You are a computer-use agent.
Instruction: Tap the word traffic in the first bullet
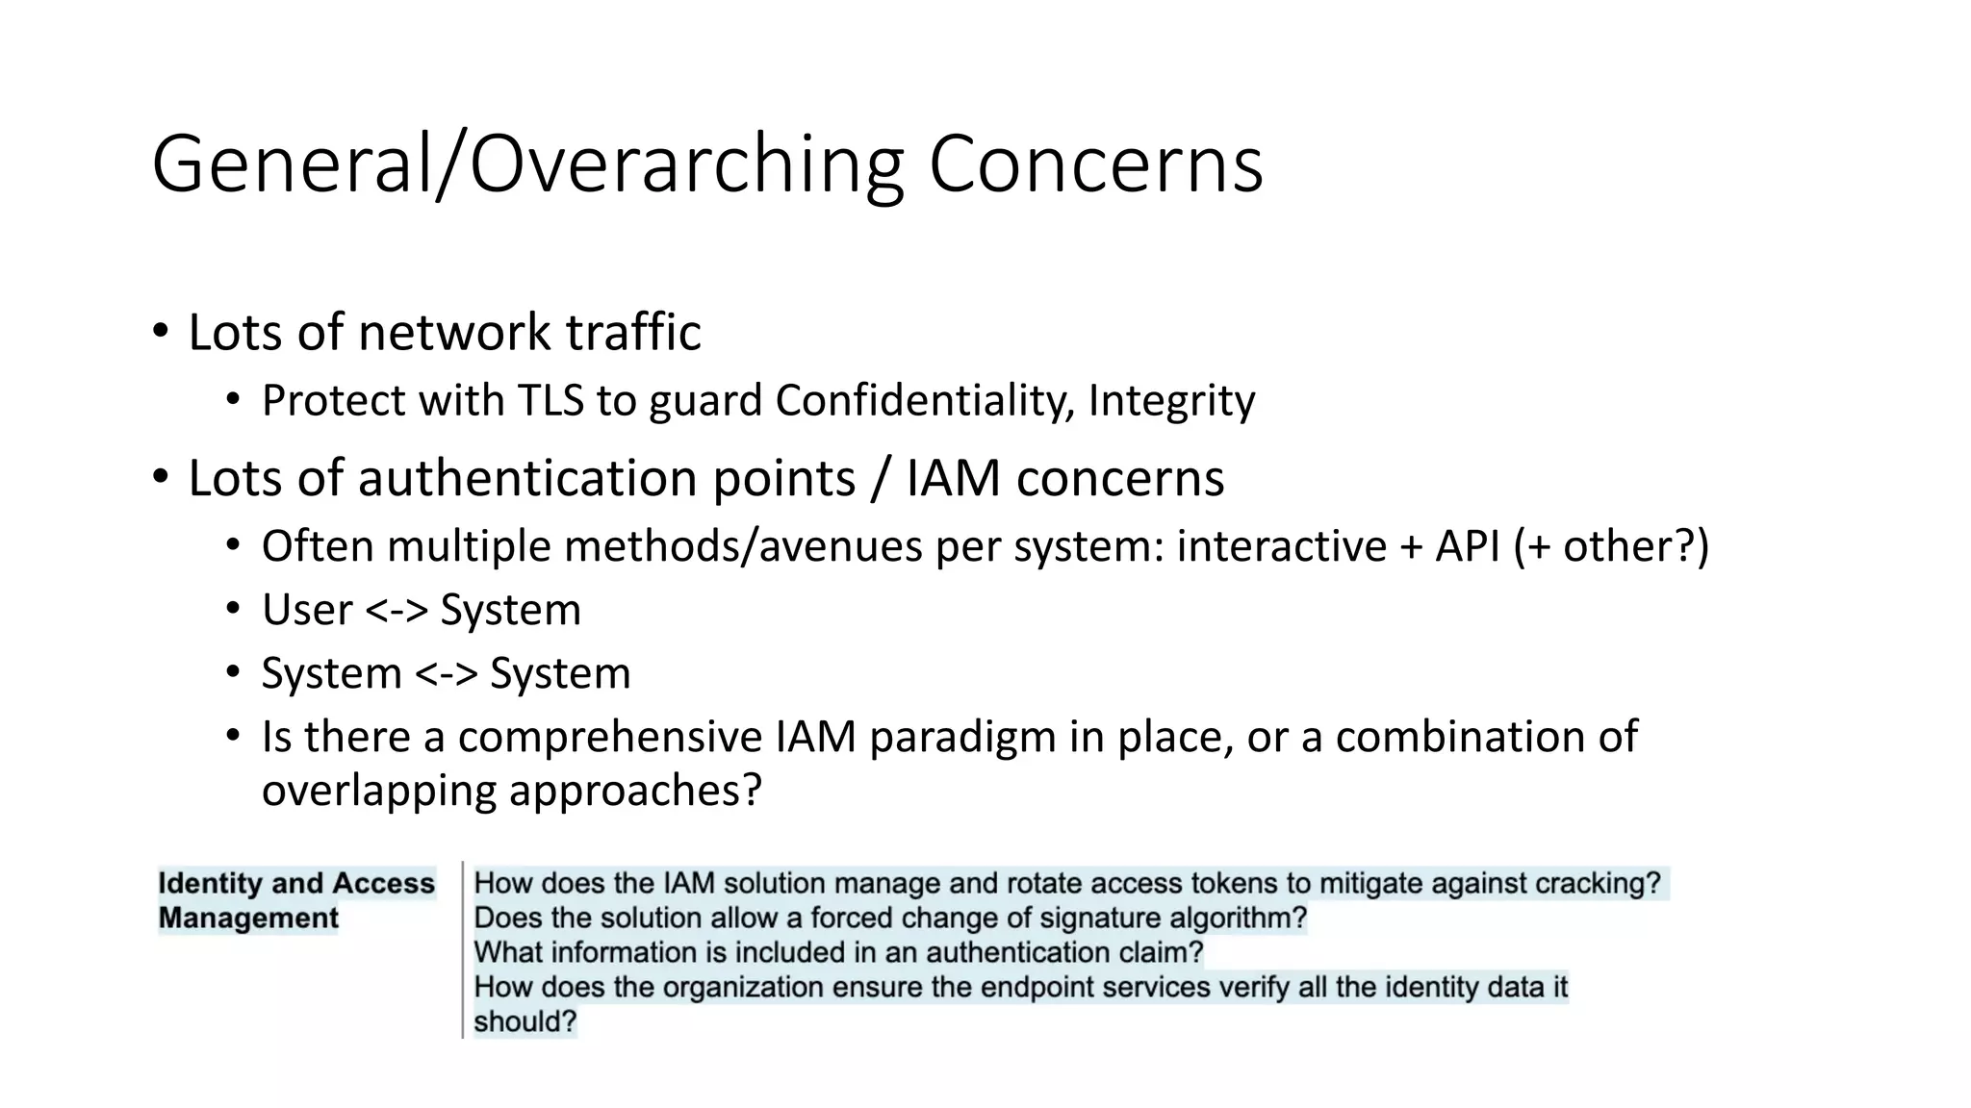pos(632,333)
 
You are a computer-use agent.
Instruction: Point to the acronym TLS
pos(550,401)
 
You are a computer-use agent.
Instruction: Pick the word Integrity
pos(1171,401)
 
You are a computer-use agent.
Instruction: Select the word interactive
pos(1281,546)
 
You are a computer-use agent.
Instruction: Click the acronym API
pos(1467,546)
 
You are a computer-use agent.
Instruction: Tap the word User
pos(307,610)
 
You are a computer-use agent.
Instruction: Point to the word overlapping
pos(377,792)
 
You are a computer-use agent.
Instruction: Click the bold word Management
pos(248,919)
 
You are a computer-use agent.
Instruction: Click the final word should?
pos(525,1022)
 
